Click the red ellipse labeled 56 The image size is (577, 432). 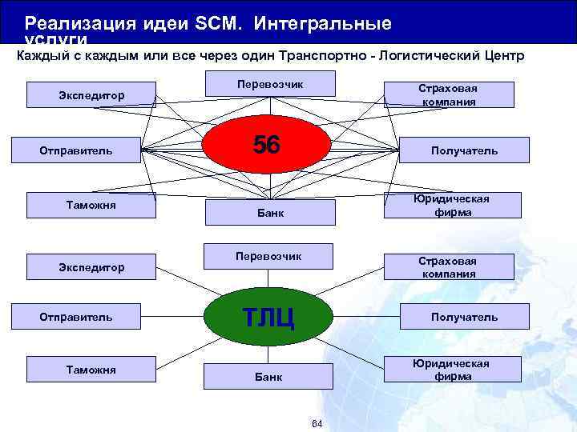coord(266,145)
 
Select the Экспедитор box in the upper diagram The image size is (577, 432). coord(91,95)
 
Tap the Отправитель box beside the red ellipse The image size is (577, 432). coord(76,150)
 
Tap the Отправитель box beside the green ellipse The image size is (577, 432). coord(76,317)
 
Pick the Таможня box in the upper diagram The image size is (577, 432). coord(91,206)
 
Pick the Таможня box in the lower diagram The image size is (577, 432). coord(91,370)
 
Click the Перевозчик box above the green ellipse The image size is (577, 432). coord(268,256)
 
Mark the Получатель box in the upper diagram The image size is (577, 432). coord(464,150)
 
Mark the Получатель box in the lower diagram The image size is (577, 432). coord(464,317)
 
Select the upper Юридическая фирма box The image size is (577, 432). coord(450,206)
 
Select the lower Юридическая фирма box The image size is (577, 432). coord(450,370)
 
